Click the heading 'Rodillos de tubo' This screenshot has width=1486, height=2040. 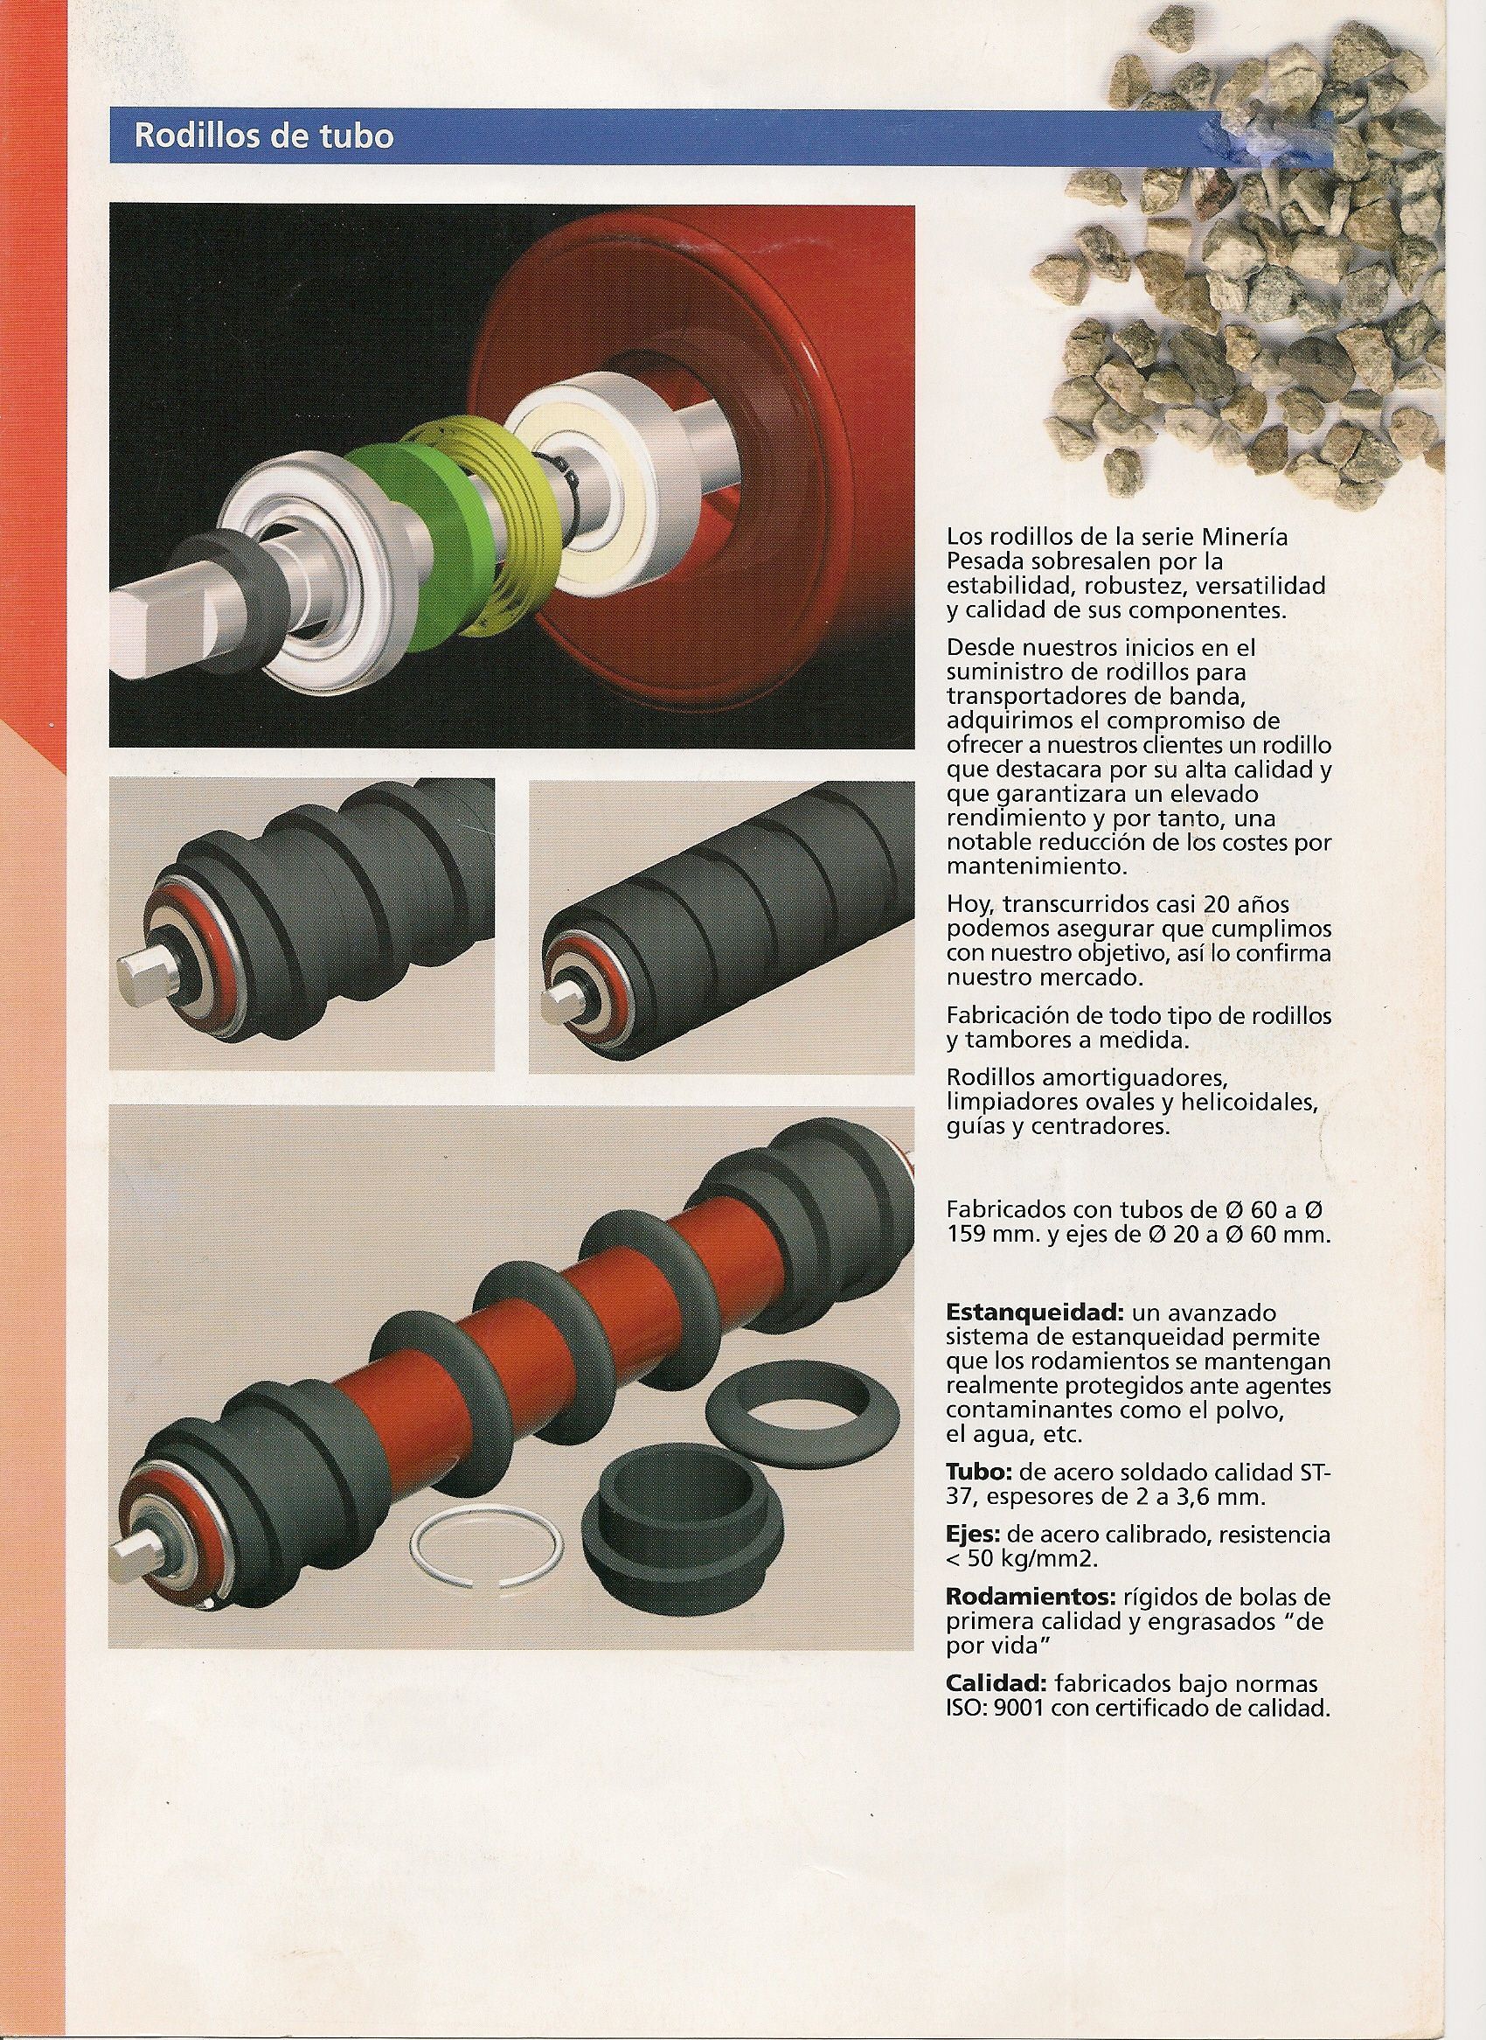(264, 136)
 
